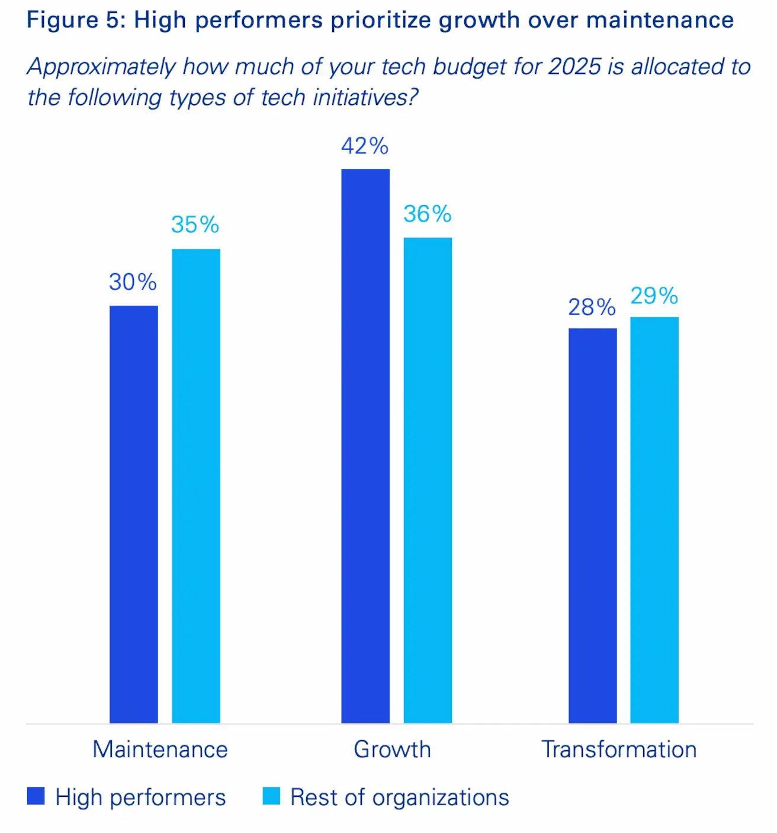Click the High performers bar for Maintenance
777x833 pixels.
coord(134,514)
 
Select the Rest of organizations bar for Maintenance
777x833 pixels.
coord(196,486)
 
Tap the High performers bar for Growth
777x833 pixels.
coord(365,446)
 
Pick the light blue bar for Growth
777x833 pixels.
coord(428,480)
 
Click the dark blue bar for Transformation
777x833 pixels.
coord(592,526)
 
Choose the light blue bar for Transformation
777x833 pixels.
coord(654,520)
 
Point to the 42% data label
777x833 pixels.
coord(365,146)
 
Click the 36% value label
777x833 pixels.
coord(428,214)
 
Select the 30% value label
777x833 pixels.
coord(133,282)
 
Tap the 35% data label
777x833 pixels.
coord(195,225)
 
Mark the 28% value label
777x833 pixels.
coord(592,307)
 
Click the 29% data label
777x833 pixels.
coord(654,296)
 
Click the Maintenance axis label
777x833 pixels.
coord(160,749)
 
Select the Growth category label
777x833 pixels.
coord(392,749)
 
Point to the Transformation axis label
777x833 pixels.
coord(619,749)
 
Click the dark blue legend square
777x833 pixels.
coord(36,796)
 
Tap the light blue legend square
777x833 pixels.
coord(271,796)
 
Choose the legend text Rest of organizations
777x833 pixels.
coord(400,797)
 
